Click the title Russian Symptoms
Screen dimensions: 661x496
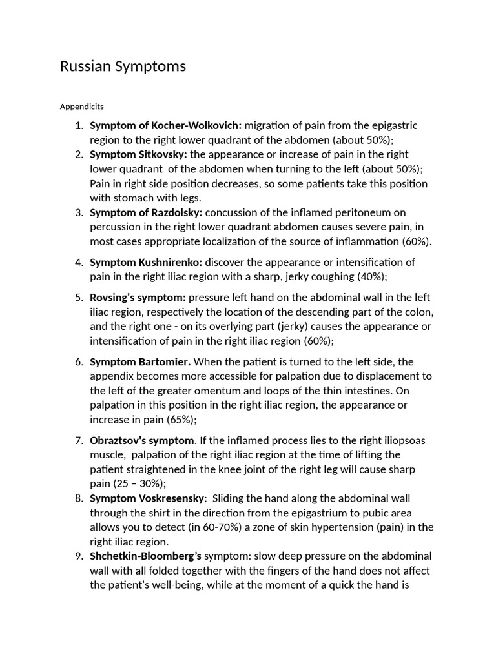coord(123,66)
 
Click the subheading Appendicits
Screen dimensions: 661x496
coord(82,106)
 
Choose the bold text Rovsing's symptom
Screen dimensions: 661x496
coord(138,298)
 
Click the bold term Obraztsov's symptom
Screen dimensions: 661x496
coord(142,440)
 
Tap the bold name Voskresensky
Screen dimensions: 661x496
coord(171,498)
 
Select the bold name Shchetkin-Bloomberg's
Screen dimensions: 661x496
coord(146,556)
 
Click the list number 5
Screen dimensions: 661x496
coord(79,298)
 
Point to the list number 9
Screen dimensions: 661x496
coord(79,556)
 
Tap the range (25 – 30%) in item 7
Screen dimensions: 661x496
coord(139,483)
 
